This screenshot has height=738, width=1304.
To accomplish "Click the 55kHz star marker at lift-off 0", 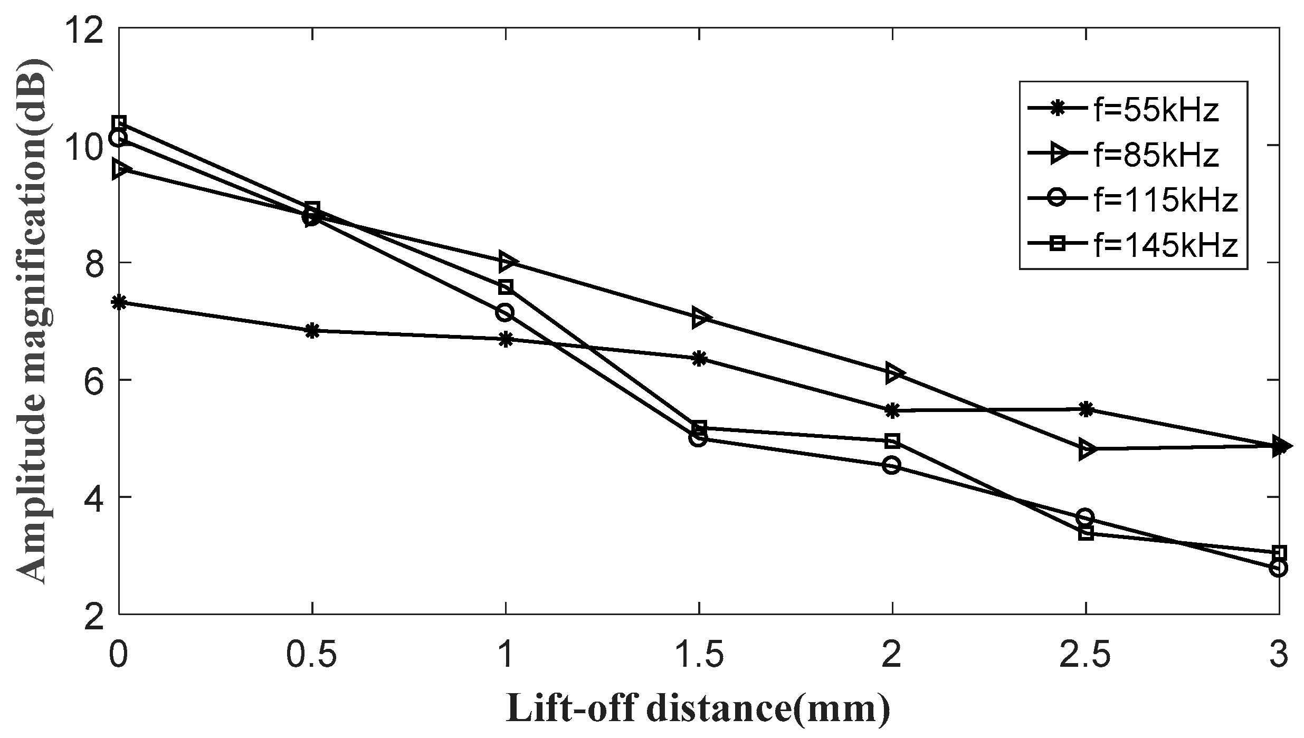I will pyautogui.click(x=119, y=303).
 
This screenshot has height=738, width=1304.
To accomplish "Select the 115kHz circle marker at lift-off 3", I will pyautogui.click(x=1278, y=568).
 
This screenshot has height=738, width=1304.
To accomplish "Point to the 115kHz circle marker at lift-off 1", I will pyautogui.click(x=505, y=312).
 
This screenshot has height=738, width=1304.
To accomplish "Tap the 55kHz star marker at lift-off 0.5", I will pyautogui.click(x=312, y=331).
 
